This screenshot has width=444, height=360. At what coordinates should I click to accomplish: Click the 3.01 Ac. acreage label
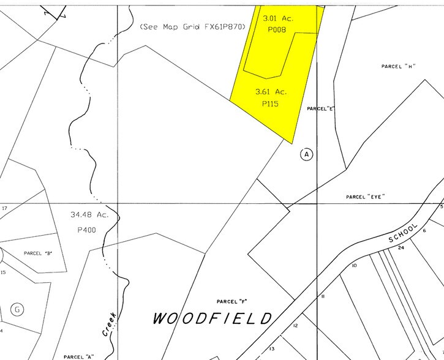(278, 18)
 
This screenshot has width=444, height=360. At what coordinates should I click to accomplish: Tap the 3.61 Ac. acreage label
(271, 92)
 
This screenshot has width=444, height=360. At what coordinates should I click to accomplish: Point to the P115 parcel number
(270, 104)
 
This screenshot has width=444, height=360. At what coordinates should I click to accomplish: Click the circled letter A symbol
(307, 154)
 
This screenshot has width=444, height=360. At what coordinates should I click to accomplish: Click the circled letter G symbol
(17, 309)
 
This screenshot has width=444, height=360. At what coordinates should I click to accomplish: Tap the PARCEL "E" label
(322, 108)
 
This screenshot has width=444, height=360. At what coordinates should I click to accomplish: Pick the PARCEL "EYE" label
(365, 197)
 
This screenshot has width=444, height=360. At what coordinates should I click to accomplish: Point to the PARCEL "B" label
(38, 253)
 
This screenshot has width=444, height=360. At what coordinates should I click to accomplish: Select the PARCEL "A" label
(78, 356)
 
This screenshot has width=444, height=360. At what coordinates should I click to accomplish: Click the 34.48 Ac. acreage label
(89, 215)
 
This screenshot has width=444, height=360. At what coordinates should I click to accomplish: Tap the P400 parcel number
(88, 230)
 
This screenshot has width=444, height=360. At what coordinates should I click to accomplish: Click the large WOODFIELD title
(213, 318)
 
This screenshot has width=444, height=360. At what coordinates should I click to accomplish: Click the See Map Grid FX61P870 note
(192, 27)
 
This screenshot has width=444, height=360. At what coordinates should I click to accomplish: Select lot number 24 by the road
(401, 248)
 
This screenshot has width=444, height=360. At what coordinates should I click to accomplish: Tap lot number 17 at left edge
(4, 208)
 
